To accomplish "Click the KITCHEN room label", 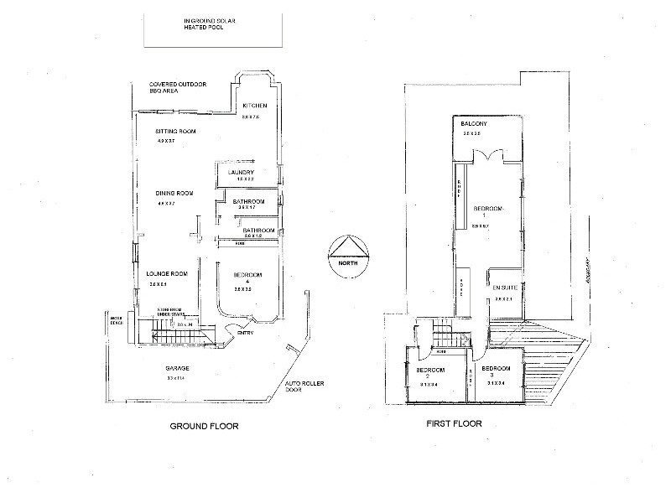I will click(254, 106).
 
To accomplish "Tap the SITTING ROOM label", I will click(176, 132).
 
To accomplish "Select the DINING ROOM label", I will click(176, 194).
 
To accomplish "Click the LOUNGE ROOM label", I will click(166, 274).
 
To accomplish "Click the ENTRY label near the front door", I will click(245, 333).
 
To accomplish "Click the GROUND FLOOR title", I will click(205, 426).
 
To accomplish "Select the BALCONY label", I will click(475, 126).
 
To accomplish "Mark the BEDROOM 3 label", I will click(496, 370).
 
